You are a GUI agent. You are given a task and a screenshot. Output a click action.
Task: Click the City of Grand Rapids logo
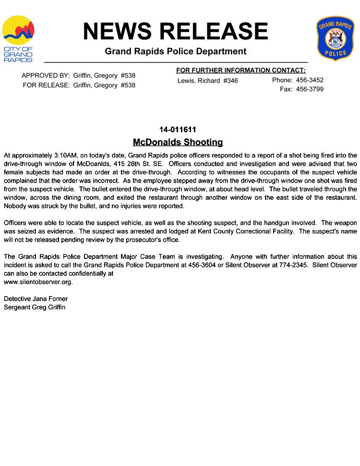18,39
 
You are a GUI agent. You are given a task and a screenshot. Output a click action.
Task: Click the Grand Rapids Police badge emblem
335,38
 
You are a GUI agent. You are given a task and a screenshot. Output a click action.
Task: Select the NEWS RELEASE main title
175,31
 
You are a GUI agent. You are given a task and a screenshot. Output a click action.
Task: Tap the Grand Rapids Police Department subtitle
175,51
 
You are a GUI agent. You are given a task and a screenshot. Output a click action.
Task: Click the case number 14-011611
178,130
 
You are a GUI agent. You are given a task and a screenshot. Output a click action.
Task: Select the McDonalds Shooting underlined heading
178,142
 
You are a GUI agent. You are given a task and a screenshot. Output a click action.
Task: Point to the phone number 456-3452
310,80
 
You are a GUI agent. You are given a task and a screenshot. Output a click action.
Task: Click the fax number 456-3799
310,89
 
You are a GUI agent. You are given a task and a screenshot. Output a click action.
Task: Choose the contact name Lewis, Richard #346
207,81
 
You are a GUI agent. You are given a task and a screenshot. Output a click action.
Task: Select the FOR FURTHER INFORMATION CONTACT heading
240,71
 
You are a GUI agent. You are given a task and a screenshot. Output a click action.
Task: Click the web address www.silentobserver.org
38,282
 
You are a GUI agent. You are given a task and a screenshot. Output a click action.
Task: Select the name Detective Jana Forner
36,299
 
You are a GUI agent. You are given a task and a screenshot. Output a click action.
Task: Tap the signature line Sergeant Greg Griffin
35,307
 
